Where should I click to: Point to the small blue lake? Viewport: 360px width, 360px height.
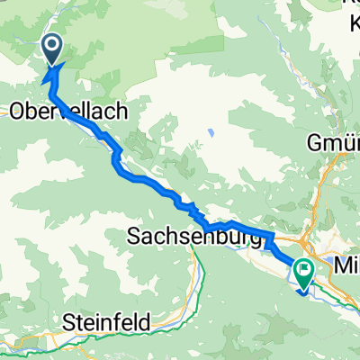(209, 132)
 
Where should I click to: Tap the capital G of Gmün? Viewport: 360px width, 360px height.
(316, 143)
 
